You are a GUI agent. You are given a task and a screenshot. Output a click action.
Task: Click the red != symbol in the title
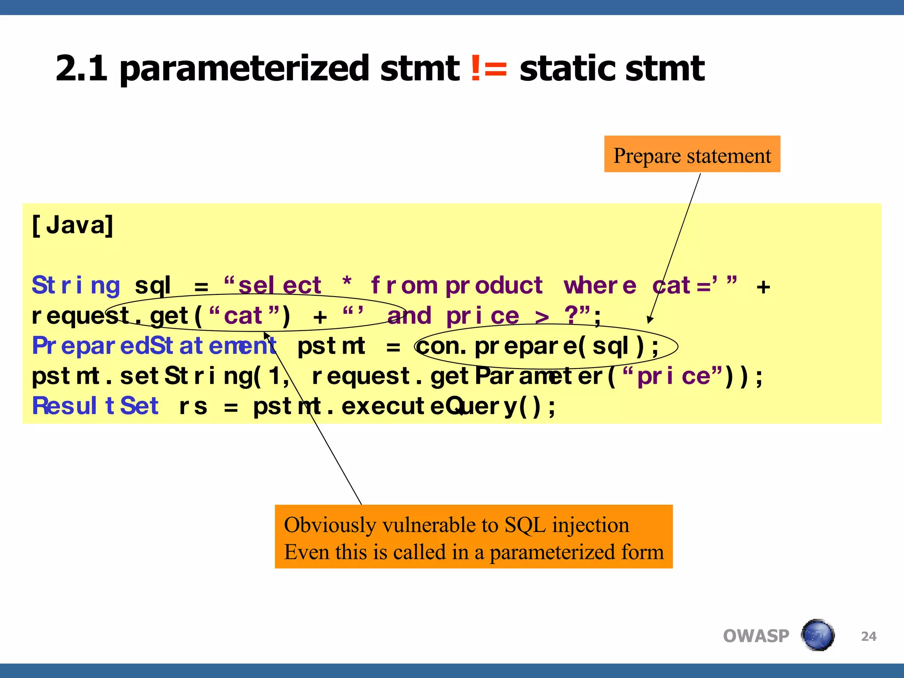[x=489, y=68]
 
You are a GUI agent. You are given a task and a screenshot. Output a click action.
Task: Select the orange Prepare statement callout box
[x=692, y=154]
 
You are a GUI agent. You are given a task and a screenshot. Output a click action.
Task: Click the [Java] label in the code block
[x=73, y=225]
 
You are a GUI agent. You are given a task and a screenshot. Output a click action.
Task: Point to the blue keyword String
[x=76, y=286]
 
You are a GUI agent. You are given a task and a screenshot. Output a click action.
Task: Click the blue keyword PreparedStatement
[x=154, y=346]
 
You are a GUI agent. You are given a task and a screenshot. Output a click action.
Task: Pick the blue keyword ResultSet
[x=95, y=406]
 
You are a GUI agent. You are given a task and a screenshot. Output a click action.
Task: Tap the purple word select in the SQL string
[x=279, y=286]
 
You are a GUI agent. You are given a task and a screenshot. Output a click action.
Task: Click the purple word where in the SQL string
[x=600, y=286]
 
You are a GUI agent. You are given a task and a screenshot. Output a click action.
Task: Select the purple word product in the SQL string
[x=494, y=286]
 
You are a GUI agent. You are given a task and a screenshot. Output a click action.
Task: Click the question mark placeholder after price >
[x=571, y=315]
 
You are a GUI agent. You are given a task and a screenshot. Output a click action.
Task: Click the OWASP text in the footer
[x=756, y=636]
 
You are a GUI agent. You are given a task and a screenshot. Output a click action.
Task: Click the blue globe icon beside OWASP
[x=817, y=635]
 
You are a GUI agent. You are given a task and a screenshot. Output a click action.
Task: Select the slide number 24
[x=868, y=636]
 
